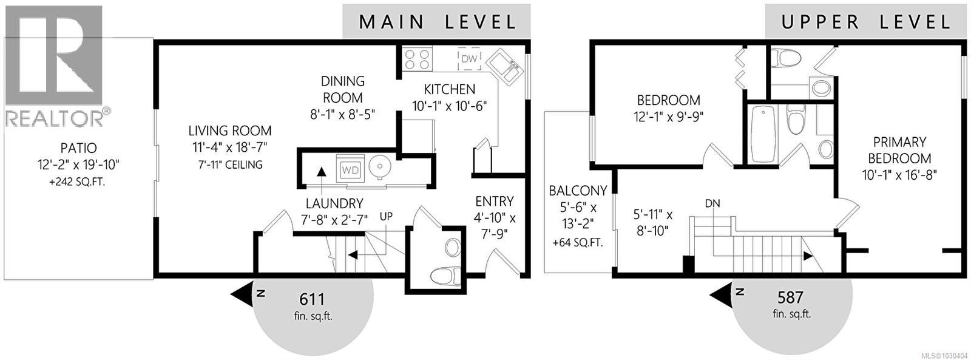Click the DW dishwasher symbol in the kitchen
(469, 58)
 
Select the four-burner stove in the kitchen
(418, 59)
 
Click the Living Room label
(229, 131)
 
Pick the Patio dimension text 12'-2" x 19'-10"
(78, 164)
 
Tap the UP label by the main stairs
(386, 216)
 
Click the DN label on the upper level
(712, 203)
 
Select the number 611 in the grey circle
(313, 299)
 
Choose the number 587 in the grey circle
(791, 298)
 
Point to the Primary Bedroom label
(899, 150)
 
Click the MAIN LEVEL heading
(437, 22)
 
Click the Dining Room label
(343, 89)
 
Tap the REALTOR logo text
(55, 118)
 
